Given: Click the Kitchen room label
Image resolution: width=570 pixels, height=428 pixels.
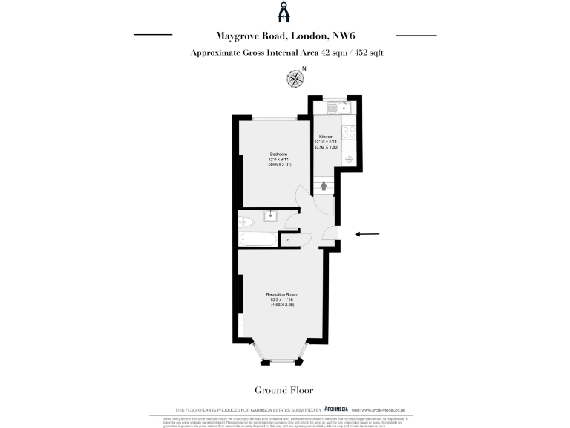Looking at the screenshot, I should pyautogui.click(x=326, y=137).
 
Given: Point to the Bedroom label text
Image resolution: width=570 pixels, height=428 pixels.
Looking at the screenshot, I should pyautogui.click(x=278, y=154).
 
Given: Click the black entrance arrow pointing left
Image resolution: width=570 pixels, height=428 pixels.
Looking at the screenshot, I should pyautogui.click(x=367, y=234).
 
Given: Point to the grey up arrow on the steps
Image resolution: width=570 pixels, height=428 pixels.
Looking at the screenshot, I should pyautogui.click(x=323, y=186).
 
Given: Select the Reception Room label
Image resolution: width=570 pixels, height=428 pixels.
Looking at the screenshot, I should pyautogui.click(x=281, y=295).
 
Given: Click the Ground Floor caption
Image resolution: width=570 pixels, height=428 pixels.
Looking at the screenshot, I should pyautogui.click(x=284, y=390).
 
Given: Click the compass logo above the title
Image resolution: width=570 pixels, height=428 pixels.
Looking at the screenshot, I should pyautogui.click(x=284, y=13).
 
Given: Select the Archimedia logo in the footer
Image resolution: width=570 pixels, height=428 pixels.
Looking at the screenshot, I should pyautogui.click(x=336, y=409).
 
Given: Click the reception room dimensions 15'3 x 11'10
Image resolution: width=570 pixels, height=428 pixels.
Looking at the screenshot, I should pyautogui.click(x=281, y=300).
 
